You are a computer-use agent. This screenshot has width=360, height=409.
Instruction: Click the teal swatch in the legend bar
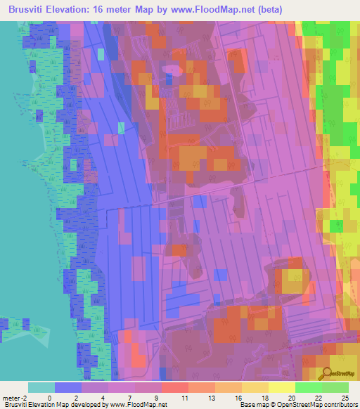tap(41, 387)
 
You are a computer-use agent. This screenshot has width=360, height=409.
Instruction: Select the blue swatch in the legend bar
tap(68, 387)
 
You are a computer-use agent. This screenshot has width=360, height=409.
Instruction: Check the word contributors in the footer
tap(340, 405)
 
